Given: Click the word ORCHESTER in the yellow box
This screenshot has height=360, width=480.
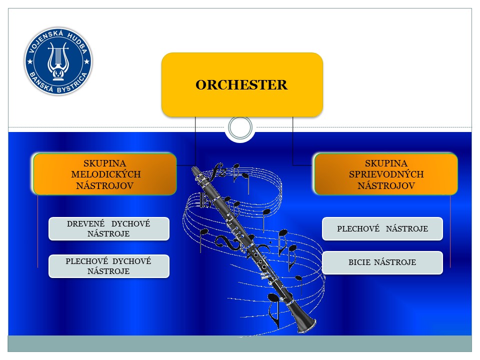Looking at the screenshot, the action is click(241, 85).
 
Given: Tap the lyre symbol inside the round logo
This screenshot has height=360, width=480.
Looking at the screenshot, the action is click(58, 60).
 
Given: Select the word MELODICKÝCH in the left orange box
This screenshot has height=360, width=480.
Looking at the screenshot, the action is click(106, 174).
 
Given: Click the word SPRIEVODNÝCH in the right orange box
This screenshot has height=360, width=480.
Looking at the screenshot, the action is click(386, 174).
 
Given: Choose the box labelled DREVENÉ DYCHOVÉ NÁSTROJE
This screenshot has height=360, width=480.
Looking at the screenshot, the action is click(109, 228).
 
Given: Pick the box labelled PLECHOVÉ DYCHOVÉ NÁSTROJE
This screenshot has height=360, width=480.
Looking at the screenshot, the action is click(109, 266).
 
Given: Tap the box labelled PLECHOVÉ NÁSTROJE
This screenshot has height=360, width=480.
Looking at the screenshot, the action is click(382, 228).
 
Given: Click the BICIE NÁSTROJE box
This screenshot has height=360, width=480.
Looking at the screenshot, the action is click(382, 262).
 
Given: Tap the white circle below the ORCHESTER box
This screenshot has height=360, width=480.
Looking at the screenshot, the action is click(240, 127).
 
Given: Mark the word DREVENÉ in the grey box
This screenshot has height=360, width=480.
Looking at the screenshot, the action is click(85, 224).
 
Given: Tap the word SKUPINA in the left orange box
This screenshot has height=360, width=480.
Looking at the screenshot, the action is click(104, 163).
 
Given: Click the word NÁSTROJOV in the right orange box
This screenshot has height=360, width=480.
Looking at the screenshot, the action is click(386, 185).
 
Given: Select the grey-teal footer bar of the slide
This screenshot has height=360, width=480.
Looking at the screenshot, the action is click(239, 343).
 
